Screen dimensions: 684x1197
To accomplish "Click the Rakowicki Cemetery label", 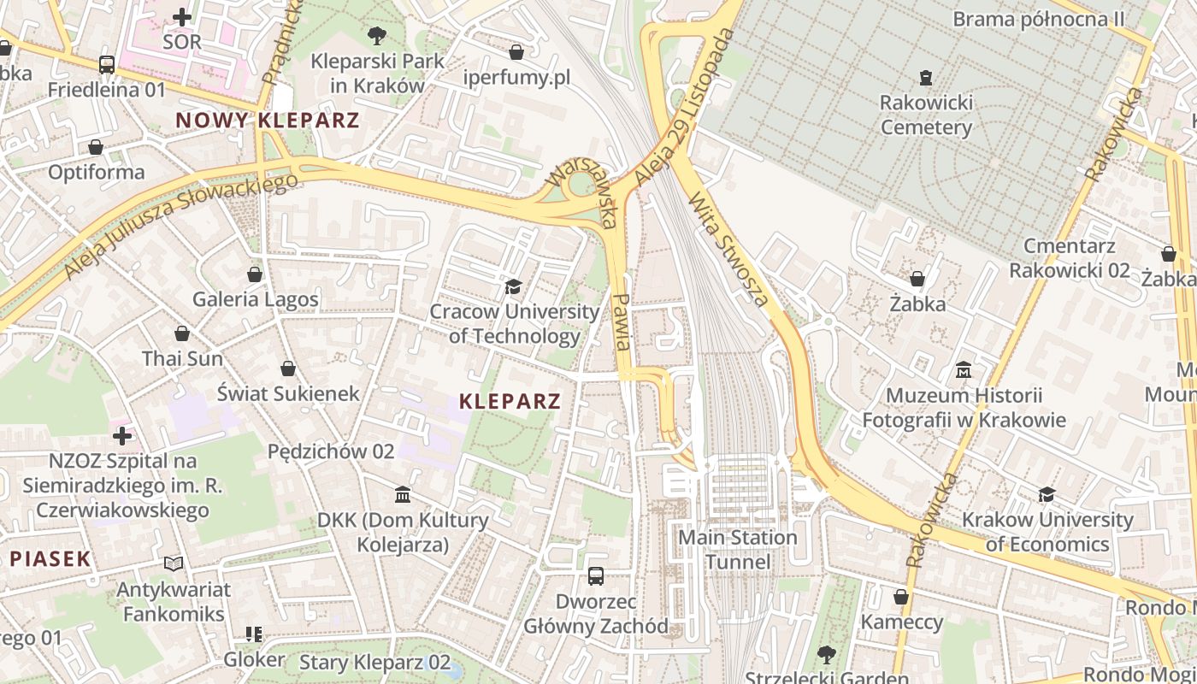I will [x=927, y=115].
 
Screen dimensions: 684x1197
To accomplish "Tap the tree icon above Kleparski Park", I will [x=376, y=36].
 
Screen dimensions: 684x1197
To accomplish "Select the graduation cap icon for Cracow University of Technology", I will [x=513, y=286].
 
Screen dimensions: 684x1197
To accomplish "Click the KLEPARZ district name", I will [x=510, y=401].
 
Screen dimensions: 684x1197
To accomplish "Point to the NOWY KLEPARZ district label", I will [x=268, y=121].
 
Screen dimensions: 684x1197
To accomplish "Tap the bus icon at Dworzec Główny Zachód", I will [x=596, y=576].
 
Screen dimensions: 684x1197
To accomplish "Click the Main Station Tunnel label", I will [x=737, y=550].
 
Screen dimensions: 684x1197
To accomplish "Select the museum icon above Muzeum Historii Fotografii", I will [x=964, y=370].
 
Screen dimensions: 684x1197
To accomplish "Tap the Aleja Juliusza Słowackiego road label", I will [x=181, y=225].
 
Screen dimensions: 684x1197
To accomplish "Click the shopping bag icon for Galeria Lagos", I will [x=255, y=274].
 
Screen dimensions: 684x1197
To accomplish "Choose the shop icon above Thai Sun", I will [x=182, y=333].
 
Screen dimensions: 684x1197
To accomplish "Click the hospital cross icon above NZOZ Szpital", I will [x=122, y=436].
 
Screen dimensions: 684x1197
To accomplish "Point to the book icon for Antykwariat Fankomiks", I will [x=174, y=564].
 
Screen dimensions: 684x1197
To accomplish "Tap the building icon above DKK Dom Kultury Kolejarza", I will [x=403, y=495].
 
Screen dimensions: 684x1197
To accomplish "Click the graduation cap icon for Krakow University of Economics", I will [x=1047, y=494].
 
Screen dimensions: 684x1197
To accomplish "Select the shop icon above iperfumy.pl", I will [x=516, y=52].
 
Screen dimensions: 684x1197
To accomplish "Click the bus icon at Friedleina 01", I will [x=106, y=65].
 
